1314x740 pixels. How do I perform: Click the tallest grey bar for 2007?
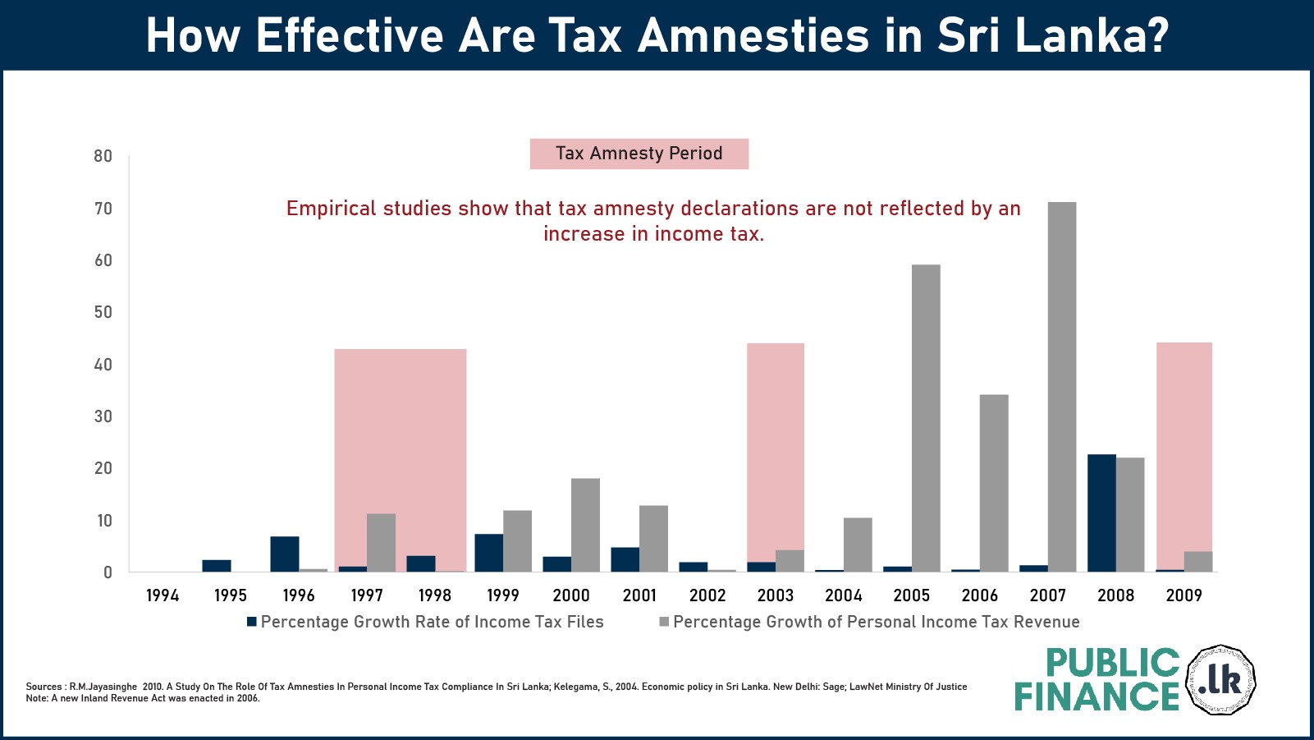[1062, 386]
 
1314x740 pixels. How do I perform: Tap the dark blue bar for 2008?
[1101, 512]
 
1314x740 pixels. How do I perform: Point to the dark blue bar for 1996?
[285, 554]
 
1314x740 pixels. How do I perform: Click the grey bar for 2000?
[585, 525]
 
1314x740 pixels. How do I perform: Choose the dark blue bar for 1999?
[488, 553]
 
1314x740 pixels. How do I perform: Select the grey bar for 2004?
[858, 545]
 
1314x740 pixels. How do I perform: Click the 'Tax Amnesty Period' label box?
[639, 154]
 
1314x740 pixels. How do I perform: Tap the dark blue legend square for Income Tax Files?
[252, 622]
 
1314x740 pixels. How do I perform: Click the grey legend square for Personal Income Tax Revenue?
[664, 622]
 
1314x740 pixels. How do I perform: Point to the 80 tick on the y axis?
[103, 156]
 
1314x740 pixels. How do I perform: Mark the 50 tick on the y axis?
[103, 312]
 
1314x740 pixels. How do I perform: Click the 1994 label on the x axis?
[163, 595]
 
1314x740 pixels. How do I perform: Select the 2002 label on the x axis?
[707, 595]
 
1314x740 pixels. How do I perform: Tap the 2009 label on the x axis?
[1184, 595]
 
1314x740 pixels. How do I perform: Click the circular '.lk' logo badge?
[1220, 680]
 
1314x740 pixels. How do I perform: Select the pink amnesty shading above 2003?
[775, 444]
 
